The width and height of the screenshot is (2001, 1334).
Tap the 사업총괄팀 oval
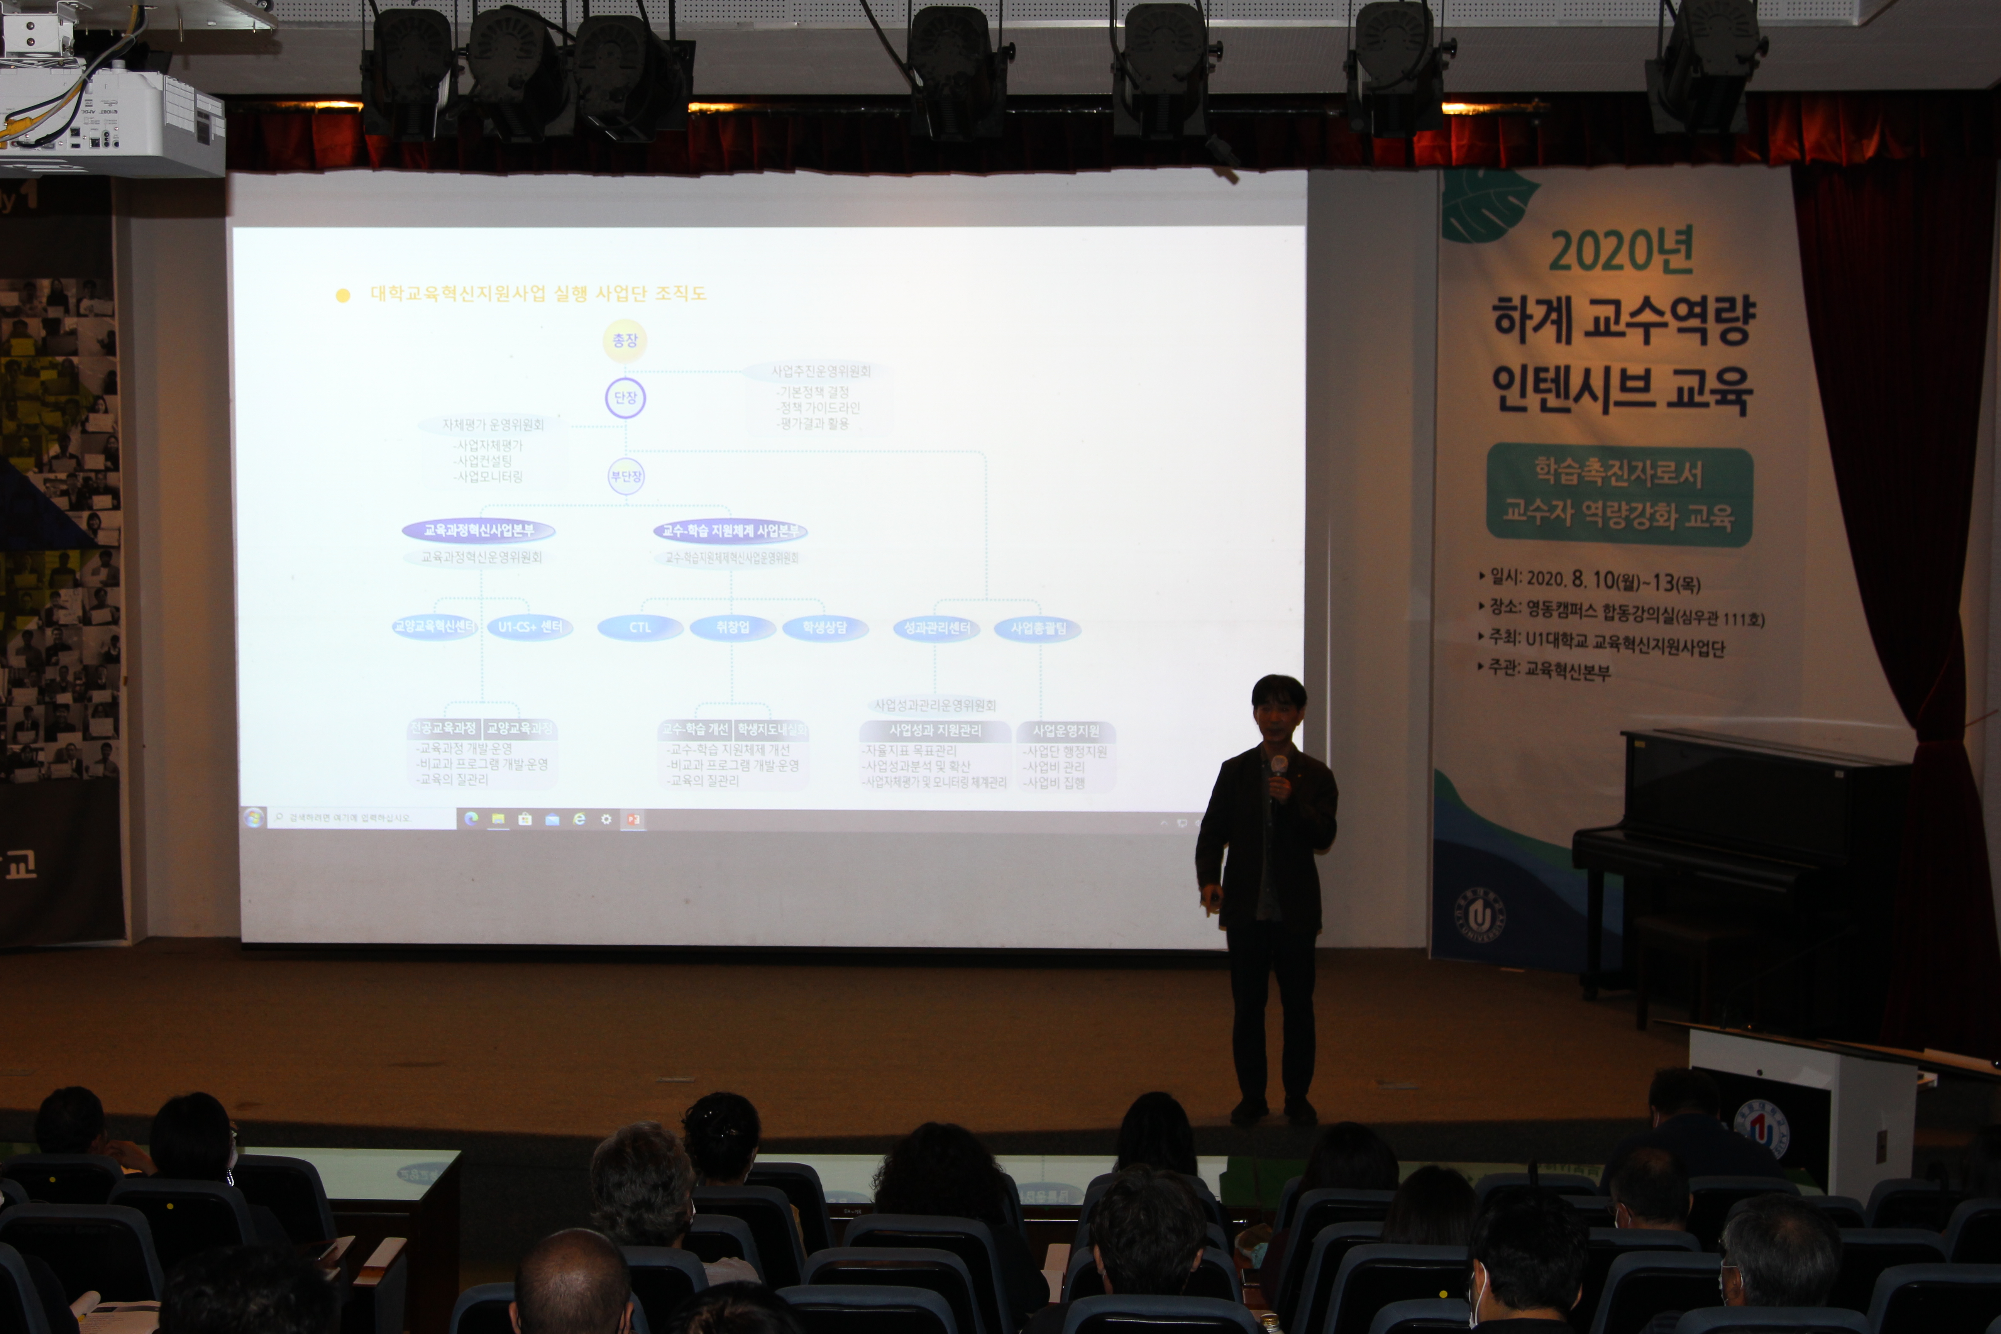[x=1038, y=629]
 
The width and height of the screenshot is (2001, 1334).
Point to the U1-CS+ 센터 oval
[x=530, y=627]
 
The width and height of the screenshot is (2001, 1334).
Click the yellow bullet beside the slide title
[x=343, y=295]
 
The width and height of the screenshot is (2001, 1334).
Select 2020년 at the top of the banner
[x=1621, y=251]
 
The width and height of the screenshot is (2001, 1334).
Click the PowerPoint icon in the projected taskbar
[x=633, y=818]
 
